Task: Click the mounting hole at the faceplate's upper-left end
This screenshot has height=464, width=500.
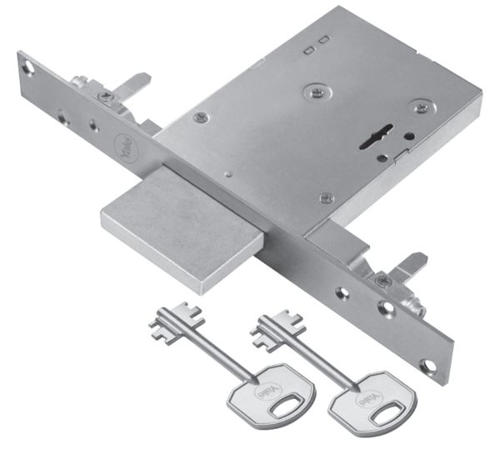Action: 31,63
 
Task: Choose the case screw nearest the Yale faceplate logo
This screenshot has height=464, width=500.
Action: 199,118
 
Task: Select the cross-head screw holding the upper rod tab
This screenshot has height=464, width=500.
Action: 103,97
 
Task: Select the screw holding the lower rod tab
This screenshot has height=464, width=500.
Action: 382,281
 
